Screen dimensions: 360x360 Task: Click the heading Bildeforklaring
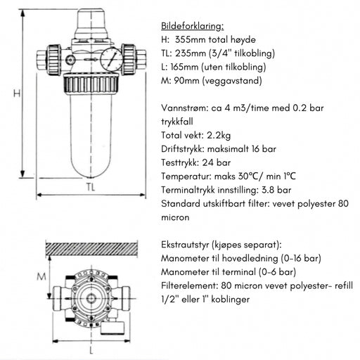(x=193, y=26)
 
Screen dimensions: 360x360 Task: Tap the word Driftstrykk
(x=185, y=149)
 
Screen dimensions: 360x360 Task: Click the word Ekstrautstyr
(x=188, y=244)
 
